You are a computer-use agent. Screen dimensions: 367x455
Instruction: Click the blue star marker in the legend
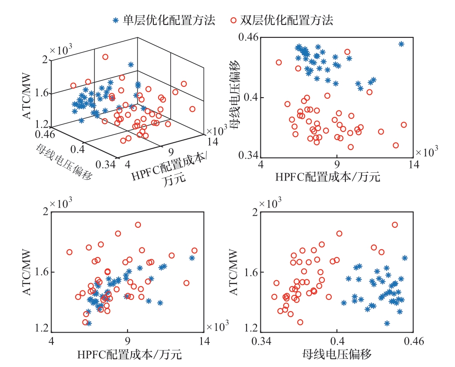tap(115, 20)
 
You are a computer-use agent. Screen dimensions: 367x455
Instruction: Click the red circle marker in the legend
tap(233, 20)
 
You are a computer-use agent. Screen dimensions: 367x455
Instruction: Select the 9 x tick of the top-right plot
tap(337, 164)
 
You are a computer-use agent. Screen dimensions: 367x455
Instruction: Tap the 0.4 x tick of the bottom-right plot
tap(337, 342)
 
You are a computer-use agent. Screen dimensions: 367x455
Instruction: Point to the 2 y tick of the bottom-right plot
tap(255, 211)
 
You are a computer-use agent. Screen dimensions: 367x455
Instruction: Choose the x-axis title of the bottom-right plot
tap(337, 355)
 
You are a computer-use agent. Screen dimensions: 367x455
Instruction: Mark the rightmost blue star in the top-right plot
tap(401, 44)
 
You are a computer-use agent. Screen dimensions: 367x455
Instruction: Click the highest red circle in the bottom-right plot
tap(395, 225)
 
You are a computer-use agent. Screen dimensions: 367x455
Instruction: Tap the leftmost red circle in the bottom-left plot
tap(69, 252)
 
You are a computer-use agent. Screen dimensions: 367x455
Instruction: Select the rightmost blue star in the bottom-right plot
tap(404, 258)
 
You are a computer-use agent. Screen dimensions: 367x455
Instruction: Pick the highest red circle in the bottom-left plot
tap(138, 225)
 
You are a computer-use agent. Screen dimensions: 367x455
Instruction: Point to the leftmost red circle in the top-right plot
tap(279, 62)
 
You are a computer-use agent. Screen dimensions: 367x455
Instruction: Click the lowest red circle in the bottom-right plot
tap(300, 322)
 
